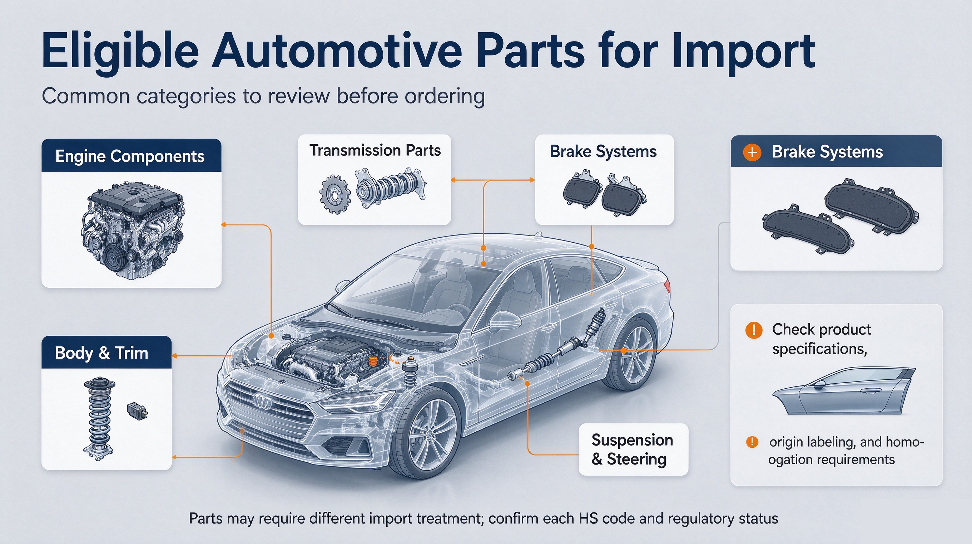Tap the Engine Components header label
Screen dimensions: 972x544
pyautogui.click(x=130, y=156)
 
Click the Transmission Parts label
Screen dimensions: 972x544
pyautogui.click(x=375, y=150)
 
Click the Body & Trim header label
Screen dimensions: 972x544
pyautogui.click(x=101, y=353)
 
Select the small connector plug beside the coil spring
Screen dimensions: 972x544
pyautogui.click(x=137, y=411)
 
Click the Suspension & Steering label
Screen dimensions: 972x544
pyautogui.click(x=633, y=450)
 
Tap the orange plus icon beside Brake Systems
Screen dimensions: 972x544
pyautogui.click(x=752, y=152)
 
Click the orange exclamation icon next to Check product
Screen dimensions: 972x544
pyautogui.click(x=754, y=330)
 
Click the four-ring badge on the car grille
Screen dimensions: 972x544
pyautogui.click(x=263, y=401)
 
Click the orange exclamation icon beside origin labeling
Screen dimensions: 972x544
pyautogui.click(x=752, y=442)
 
